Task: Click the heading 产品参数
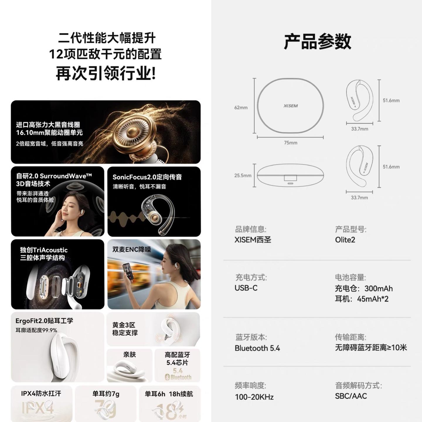(317, 41)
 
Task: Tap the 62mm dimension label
(241, 108)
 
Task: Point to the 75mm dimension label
(291, 143)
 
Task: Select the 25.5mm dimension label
(243, 176)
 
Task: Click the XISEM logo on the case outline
(291, 106)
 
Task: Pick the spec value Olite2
(345, 240)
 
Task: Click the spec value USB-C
(246, 288)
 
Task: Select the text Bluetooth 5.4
(257, 348)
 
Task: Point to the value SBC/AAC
(351, 396)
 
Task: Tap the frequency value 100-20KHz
(254, 397)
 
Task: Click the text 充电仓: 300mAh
(364, 288)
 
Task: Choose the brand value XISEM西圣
(253, 240)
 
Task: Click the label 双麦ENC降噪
(132, 249)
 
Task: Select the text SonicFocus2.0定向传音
(147, 177)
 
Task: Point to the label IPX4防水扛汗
(41, 394)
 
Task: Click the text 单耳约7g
(106, 394)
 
